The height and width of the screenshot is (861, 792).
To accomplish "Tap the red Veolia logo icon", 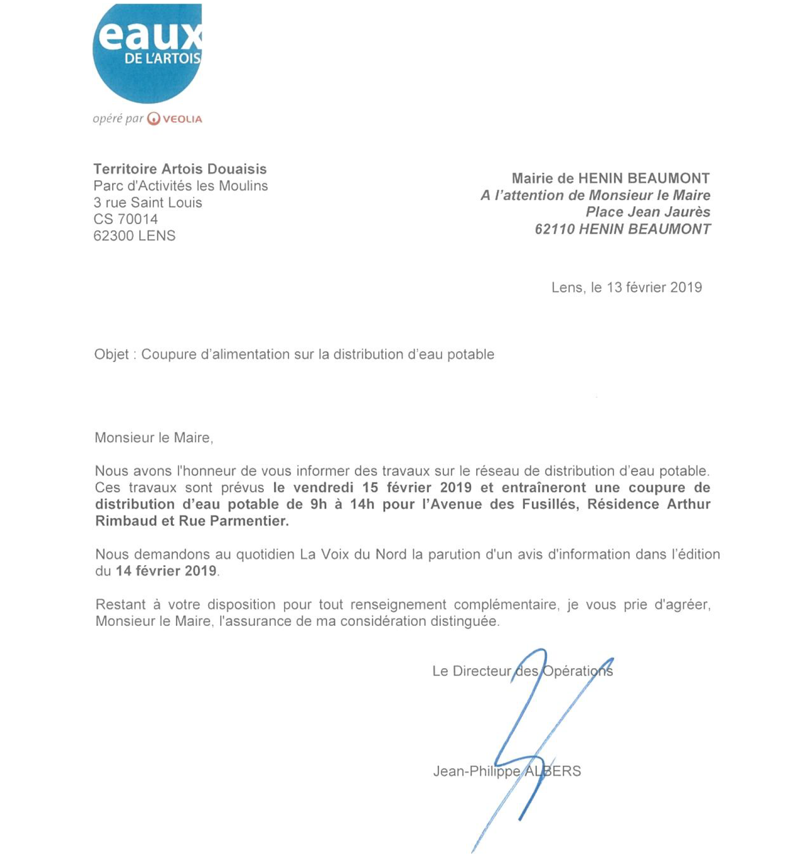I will tap(154, 119).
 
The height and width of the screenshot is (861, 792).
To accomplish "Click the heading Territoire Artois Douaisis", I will tap(180, 169).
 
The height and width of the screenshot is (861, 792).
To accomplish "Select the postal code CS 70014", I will tap(125, 219).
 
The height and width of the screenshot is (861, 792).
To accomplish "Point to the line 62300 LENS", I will tap(134, 236).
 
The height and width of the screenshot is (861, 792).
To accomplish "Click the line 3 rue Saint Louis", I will tap(148, 202).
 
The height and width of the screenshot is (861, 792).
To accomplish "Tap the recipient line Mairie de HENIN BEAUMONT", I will tap(610, 178).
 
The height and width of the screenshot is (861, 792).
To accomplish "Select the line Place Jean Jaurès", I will tap(648, 212).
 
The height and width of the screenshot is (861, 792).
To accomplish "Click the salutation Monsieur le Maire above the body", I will tap(154, 437).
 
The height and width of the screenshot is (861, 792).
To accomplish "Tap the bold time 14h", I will tap(362, 504).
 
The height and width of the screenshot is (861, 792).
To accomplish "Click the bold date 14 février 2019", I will tap(166, 571).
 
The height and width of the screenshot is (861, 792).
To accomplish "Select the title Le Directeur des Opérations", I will tap(522, 671).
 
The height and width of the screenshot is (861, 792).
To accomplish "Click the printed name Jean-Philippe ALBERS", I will tap(507, 771).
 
